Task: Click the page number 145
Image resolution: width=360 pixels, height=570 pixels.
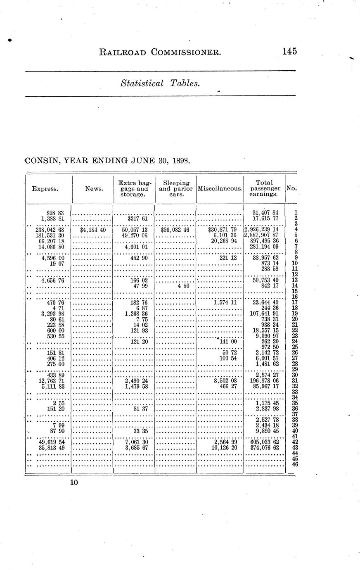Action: tap(290, 52)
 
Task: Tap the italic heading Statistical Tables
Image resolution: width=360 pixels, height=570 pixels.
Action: tap(160, 83)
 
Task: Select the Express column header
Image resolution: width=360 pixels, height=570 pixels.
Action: tap(45, 189)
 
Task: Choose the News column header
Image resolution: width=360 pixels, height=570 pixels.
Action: tap(94, 189)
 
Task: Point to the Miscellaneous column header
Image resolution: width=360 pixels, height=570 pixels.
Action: tap(220, 189)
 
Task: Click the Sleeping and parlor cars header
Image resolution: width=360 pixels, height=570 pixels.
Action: tap(176, 188)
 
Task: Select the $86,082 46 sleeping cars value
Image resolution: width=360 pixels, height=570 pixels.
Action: tap(175, 229)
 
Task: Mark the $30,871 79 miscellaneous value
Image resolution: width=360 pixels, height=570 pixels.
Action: tap(223, 229)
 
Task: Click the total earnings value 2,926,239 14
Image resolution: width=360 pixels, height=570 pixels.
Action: tap(262, 229)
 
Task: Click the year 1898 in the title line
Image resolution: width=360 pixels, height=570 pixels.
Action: tap(180, 161)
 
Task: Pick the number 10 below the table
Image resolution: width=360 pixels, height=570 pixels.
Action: tap(74, 482)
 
